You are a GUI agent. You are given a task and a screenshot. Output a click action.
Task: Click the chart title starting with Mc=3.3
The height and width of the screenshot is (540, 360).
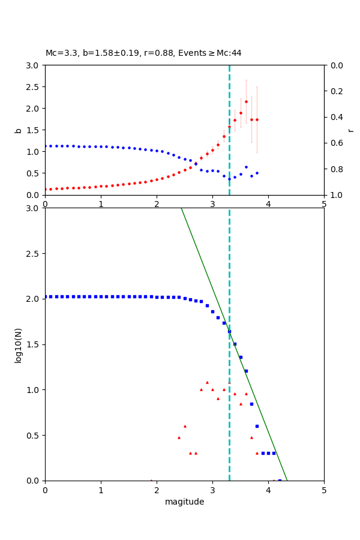point(143,53)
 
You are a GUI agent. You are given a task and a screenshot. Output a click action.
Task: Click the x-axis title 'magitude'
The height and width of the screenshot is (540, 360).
point(184,502)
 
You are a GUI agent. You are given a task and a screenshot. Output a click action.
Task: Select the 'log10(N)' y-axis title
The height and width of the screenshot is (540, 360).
point(18,344)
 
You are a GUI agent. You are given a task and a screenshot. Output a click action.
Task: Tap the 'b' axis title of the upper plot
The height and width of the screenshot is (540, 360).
point(18,130)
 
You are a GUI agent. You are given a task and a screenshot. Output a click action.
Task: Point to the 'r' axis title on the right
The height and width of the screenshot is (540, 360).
point(350,130)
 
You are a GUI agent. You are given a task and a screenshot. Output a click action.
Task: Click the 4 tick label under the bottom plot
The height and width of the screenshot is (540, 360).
point(268,490)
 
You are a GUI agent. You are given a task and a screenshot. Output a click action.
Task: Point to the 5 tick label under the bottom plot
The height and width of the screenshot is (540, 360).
point(324,490)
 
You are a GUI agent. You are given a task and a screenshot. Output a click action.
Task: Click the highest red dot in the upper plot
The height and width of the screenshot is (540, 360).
point(246,101)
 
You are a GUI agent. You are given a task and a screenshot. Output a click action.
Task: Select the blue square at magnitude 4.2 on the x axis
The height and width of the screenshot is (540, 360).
point(280,481)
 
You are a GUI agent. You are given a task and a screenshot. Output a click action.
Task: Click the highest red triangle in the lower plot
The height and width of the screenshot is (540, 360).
point(207,382)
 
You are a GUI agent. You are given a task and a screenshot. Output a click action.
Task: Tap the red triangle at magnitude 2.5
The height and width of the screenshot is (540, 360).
point(185,426)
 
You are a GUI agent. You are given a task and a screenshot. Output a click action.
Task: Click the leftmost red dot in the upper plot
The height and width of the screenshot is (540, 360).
point(46,189)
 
